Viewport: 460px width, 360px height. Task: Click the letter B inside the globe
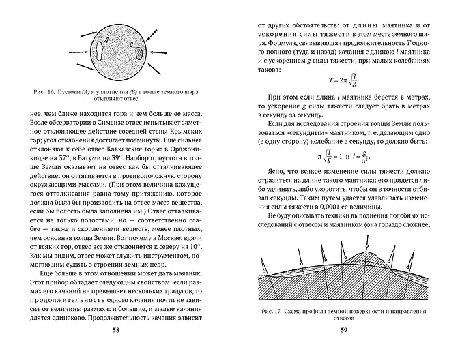coord(132,46)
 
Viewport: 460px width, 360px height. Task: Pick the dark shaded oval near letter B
coord(139,52)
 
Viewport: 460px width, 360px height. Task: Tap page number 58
coord(115,332)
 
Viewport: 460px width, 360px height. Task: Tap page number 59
coord(344,332)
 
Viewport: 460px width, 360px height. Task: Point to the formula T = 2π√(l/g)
coord(344,80)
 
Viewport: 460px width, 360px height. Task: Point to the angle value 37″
coord(70,157)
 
